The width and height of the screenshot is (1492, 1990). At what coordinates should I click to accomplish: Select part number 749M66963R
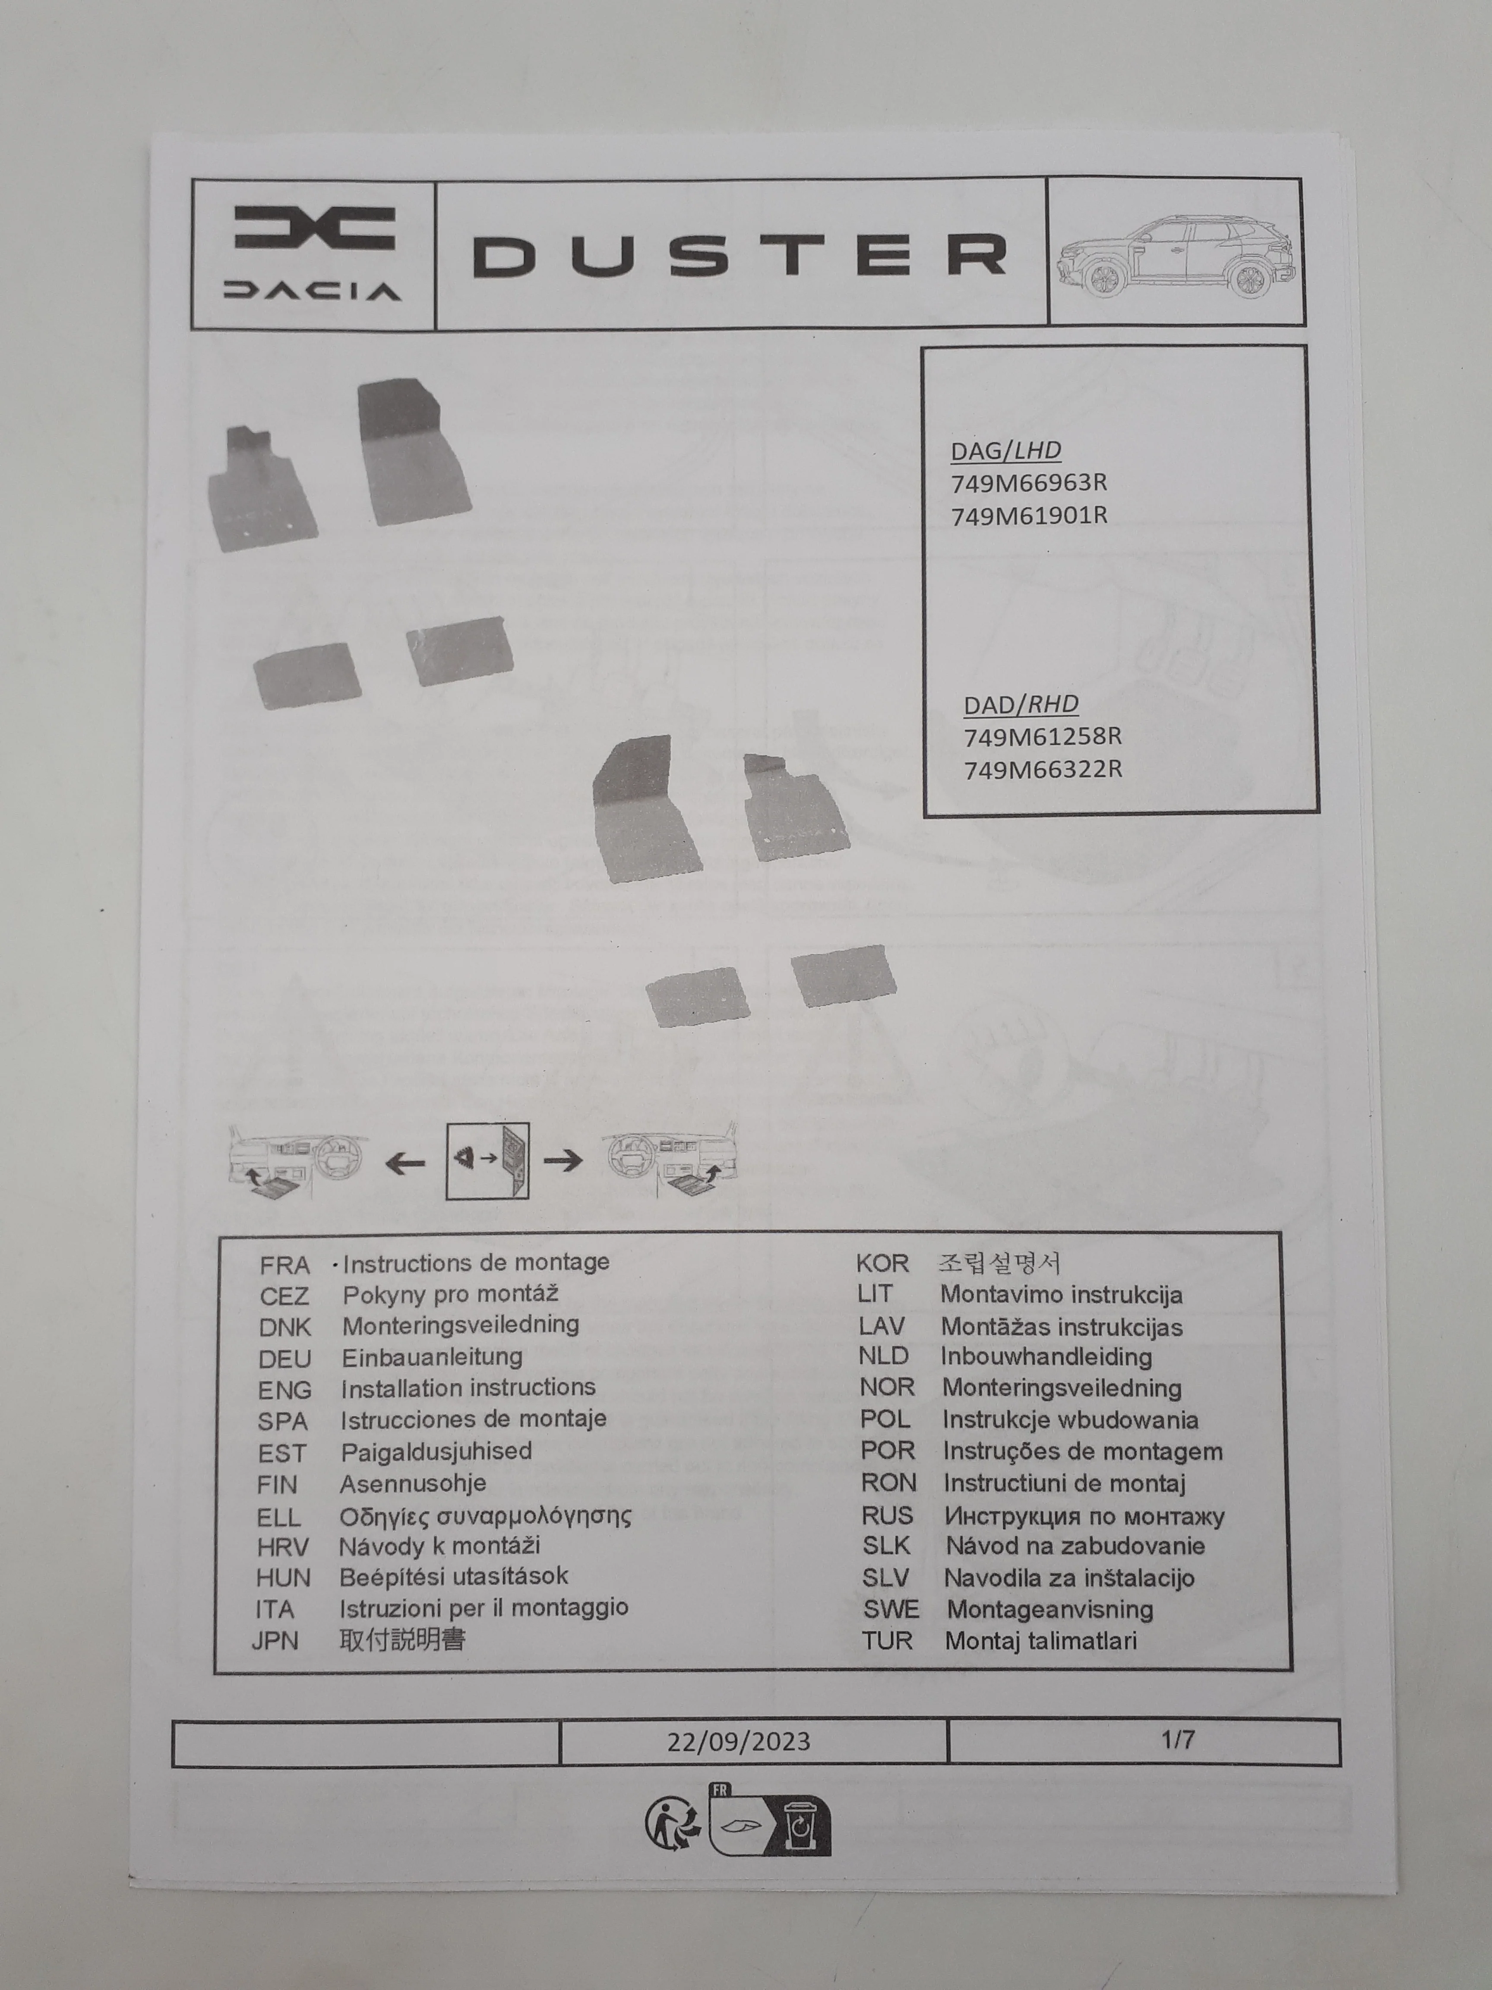click(x=1029, y=483)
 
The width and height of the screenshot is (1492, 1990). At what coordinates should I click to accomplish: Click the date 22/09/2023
click(x=738, y=1742)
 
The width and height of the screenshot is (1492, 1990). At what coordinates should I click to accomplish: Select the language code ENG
click(x=285, y=1390)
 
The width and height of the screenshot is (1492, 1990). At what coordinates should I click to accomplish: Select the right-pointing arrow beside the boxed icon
click(x=563, y=1160)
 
